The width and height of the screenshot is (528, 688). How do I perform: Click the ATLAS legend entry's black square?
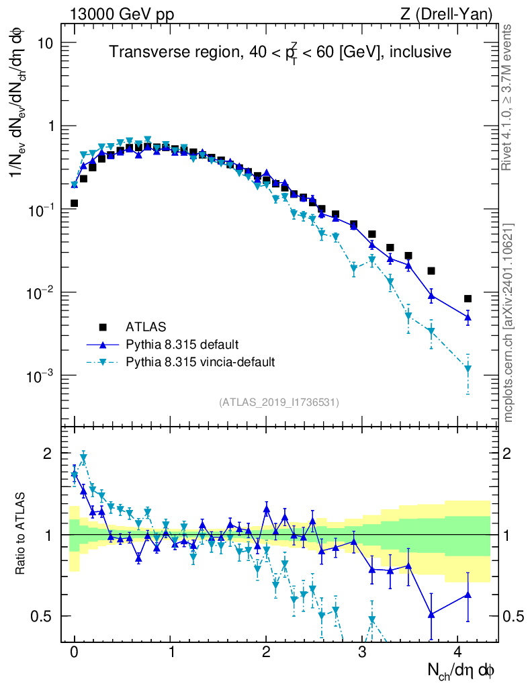[x=103, y=327]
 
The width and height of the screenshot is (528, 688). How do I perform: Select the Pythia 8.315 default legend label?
[x=181, y=345]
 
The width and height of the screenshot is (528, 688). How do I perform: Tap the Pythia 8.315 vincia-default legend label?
[x=200, y=362]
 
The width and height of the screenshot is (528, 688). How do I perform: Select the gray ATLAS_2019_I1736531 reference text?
[x=279, y=402]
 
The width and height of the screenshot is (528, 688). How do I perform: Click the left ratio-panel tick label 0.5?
[x=42, y=616]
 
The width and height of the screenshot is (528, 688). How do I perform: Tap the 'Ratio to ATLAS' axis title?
[x=21, y=534]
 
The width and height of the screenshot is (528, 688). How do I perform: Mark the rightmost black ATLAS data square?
[x=468, y=299]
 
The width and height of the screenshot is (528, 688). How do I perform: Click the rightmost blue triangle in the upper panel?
[x=468, y=316]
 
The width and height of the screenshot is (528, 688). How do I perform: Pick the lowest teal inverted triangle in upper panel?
[x=468, y=369]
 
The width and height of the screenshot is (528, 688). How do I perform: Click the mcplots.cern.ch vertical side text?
[x=509, y=322]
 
